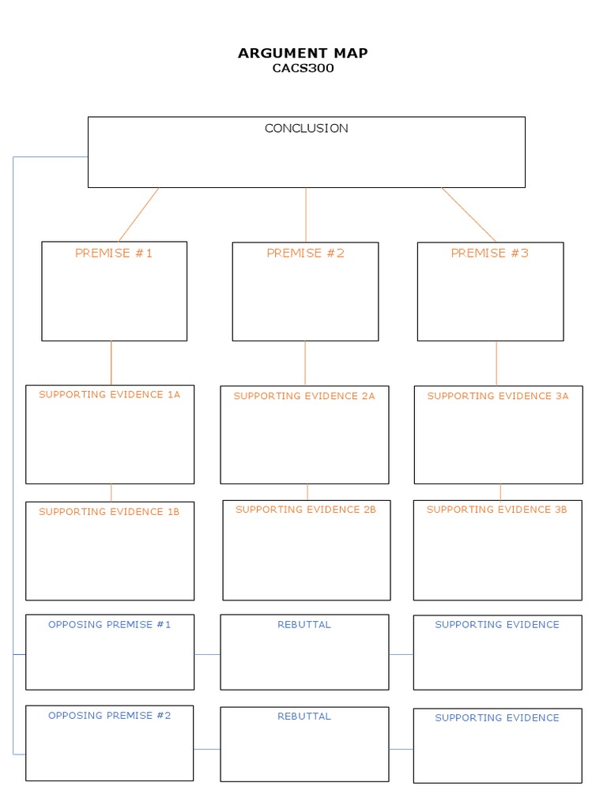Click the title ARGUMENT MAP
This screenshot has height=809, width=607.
click(303, 53)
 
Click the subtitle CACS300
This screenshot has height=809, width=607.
click(303, 68)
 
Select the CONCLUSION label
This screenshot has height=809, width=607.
click(306, 128)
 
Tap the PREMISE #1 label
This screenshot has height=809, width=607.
click(114, 253)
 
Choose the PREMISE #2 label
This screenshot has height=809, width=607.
click(305, 253)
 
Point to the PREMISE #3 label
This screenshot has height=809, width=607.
click(490, 253)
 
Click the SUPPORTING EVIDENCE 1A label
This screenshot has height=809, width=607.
click(109, 394)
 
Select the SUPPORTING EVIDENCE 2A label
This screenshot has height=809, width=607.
click(304, 396)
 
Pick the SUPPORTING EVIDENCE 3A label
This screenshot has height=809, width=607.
click(498, 396)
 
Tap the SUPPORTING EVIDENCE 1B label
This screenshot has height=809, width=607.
click(109, 511)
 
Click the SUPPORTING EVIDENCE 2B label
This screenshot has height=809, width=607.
click(306, 510)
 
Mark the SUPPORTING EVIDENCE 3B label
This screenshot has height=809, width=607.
click(497, 510)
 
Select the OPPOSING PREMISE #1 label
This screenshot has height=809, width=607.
click(109, 624)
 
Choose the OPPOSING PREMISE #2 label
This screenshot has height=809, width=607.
click(109, 715)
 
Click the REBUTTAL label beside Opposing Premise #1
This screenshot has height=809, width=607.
click(304, 624)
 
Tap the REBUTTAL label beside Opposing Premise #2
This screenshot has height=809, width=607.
click(304, 717)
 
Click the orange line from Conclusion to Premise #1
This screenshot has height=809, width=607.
click(138, 214)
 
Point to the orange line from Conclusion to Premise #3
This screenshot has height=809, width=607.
click(469, 214)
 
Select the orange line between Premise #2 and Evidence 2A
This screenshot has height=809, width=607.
click(305, 363)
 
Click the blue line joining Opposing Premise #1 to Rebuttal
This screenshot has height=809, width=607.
click(207, 654)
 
